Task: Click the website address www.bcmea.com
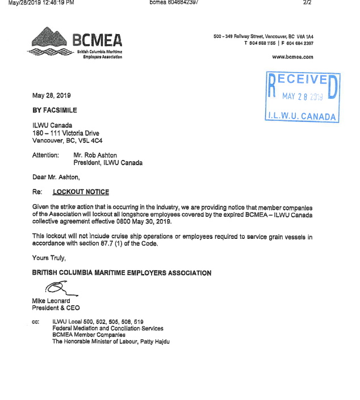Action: pos(292,57)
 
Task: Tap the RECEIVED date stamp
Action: pos(303,98)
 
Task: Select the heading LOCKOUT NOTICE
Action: pos(81,192)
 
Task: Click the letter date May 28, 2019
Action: pos(51,95)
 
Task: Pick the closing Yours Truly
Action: pos(48,258)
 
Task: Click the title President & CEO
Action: pos(56,308)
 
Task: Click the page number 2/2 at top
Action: pos(307,3)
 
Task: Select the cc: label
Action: pos(36,321)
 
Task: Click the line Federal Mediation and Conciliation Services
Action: pos(108,328)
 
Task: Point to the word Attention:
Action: pos(45,155)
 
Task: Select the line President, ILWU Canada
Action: pos(108,162)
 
